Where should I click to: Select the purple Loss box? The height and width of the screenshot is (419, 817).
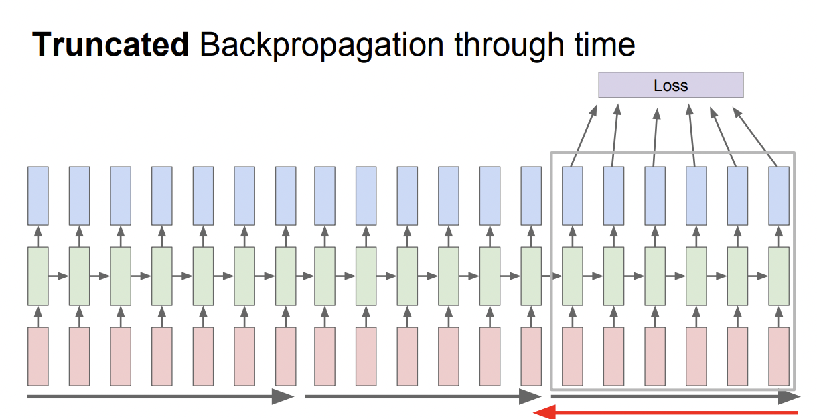point(670,85)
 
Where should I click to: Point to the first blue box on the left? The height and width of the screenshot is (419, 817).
point(38,195)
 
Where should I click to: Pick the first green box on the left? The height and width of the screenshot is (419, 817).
point(38,276)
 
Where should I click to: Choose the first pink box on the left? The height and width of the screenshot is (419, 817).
point(38,356)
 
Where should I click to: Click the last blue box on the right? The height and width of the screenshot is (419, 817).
point(779,195)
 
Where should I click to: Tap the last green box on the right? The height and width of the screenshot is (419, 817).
point(779,276)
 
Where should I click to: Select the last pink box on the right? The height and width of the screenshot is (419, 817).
point(779,356)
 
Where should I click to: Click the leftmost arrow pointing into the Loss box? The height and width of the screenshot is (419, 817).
point(583,135)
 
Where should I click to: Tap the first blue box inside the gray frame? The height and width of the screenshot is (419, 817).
point(572,195)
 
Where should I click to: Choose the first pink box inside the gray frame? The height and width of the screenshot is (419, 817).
point(572,356)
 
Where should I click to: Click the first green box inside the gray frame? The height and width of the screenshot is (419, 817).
point(572,276)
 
